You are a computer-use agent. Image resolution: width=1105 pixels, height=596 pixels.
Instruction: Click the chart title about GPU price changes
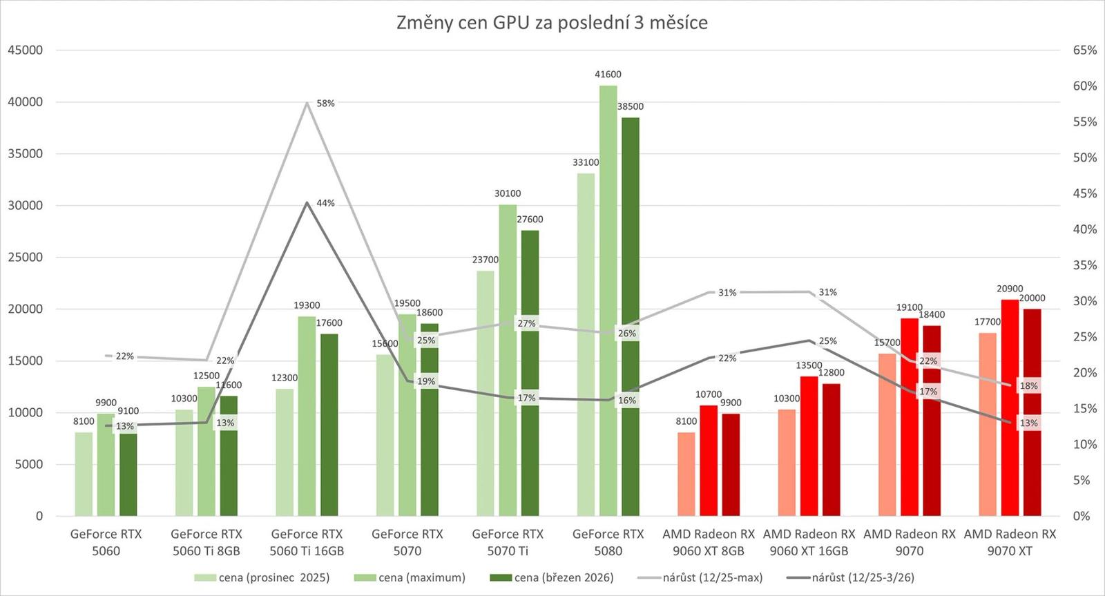click(552, 23)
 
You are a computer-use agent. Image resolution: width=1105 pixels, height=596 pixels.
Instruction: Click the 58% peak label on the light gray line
click(325, 104)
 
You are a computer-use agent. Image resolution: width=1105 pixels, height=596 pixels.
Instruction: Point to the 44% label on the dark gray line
click(325, 203)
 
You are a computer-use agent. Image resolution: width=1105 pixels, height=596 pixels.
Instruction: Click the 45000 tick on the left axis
click(25, 50)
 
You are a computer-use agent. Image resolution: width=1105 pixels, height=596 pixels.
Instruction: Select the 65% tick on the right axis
click(1084, 50)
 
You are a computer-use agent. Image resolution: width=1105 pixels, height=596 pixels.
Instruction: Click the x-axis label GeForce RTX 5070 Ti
click(508, 542)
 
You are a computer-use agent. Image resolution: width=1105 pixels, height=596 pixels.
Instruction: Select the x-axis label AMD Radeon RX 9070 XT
click(1010, 542)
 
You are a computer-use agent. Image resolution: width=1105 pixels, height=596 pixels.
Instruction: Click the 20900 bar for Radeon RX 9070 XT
click(1010, 407)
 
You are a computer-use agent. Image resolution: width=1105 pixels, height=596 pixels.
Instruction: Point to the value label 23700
click(486, 260)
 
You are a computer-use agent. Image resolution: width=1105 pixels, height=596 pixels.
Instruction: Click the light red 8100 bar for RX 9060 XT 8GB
click(686, 474)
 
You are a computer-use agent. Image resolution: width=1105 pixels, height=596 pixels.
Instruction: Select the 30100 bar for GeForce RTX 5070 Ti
click(508, 360)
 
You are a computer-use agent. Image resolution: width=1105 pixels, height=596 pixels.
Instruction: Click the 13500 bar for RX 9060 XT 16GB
click(809, 445)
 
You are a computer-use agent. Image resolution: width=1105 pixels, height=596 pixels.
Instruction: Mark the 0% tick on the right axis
click(1081, 516)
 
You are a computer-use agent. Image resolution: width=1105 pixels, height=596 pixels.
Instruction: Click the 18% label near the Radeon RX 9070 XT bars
click(1028, 386)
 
